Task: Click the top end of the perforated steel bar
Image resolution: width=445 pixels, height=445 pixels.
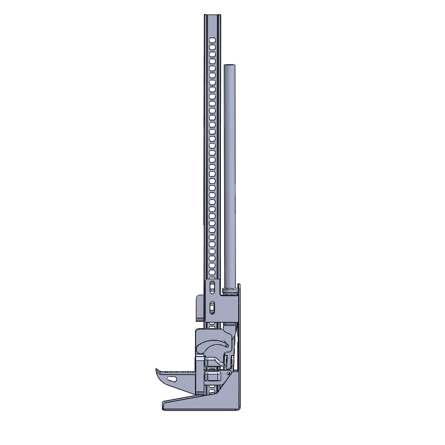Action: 212,16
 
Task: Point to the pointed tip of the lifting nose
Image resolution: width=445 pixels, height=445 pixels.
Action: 157,370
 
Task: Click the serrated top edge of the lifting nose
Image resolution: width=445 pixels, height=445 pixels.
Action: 175,372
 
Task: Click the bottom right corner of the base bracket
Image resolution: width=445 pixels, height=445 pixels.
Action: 239,408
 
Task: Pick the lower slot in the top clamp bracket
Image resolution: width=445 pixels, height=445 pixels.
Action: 212,307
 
